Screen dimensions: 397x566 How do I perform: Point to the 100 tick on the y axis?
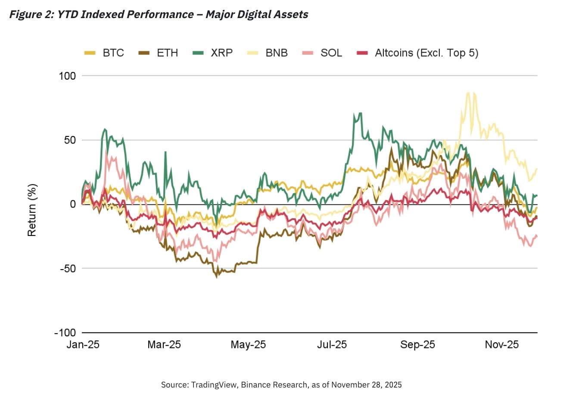66,76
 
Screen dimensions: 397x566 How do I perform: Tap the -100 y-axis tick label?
65,333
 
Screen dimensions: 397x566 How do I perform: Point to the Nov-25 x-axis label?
502,345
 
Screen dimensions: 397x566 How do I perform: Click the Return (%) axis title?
32,210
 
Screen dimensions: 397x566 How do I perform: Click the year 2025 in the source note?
393,385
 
